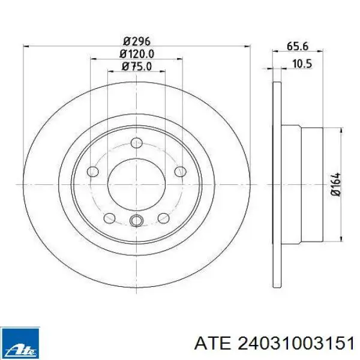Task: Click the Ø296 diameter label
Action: (136, 41)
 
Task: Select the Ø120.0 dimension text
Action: (137, 54)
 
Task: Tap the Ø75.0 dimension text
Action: (137, 67)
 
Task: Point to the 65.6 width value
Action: (298, 46)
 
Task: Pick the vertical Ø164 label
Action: (335, 184)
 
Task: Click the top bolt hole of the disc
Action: (136, 143)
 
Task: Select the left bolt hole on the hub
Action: (93, 172)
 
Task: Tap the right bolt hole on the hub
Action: (180, 172)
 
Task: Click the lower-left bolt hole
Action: (109, 218)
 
